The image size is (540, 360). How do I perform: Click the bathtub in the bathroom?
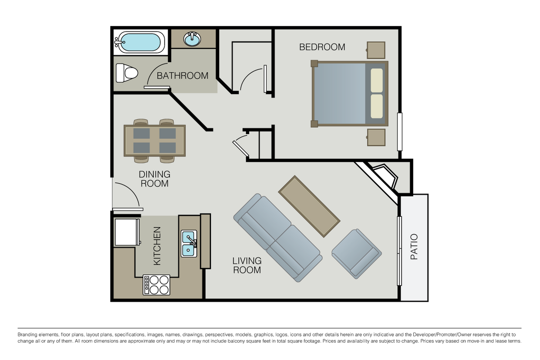click(x=139, y=42)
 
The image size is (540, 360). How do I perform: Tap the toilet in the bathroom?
click(x=126, y=73)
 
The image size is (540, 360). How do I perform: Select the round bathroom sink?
click(x=192, y=39)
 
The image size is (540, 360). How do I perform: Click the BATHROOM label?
click(x=182, y=76)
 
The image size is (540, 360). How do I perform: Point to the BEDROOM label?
click(x=322, y=47)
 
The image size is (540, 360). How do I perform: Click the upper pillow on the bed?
click(x=376, y=80)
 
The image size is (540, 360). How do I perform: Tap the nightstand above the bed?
click(x=376, y=50)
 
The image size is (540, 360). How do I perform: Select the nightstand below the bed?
click(x=376, y=137)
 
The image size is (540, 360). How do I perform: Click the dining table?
click(x=155, y=141)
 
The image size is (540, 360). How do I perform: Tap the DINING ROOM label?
click(x=155, y=179)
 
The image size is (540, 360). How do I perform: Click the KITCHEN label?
click(x=157, y=246)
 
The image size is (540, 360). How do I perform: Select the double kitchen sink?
click(x=189, y=243)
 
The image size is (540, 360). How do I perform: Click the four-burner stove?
click(x=156, y=285)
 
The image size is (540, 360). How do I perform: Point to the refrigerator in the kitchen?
click(x=127, y=232)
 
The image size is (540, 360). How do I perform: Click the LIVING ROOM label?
click(x=247, y=265)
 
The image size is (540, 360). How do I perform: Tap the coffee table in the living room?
click(x=309, y=206)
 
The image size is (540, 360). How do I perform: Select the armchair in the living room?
click(x=356, y=253)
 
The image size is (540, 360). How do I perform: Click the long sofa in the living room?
click(x=277, y=238)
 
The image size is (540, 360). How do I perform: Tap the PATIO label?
click(x=414, y=247)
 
